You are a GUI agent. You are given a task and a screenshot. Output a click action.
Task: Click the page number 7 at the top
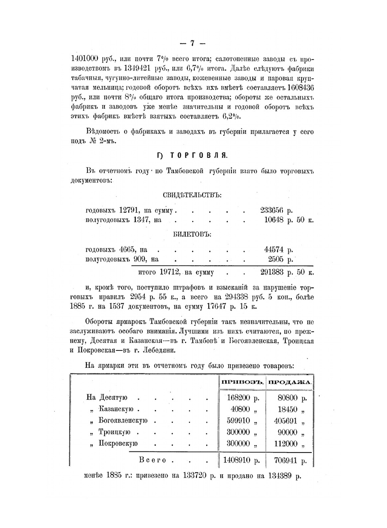(192, 43)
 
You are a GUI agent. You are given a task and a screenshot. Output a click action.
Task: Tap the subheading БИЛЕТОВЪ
(192, 234)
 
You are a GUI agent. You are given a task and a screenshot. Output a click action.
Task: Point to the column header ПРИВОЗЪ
(243, 382)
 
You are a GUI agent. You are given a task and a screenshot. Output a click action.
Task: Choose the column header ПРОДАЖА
(290, 382)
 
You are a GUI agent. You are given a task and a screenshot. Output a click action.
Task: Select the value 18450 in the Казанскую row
(288, 409)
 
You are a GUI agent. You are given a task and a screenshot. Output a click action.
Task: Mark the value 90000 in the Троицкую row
(288, 432)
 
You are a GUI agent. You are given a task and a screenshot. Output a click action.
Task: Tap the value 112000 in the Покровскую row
(286, 444)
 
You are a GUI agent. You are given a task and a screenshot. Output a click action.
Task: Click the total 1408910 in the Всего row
(237, 461)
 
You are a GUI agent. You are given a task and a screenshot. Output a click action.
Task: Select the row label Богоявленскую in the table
(123, 420)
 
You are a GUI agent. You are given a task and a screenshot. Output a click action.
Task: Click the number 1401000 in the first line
(86, 59)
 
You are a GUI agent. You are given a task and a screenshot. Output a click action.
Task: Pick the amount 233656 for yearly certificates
(272, 211)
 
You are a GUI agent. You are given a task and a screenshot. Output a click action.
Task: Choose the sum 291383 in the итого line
(272, 273)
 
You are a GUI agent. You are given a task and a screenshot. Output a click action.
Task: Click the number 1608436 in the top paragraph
(301, 87)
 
